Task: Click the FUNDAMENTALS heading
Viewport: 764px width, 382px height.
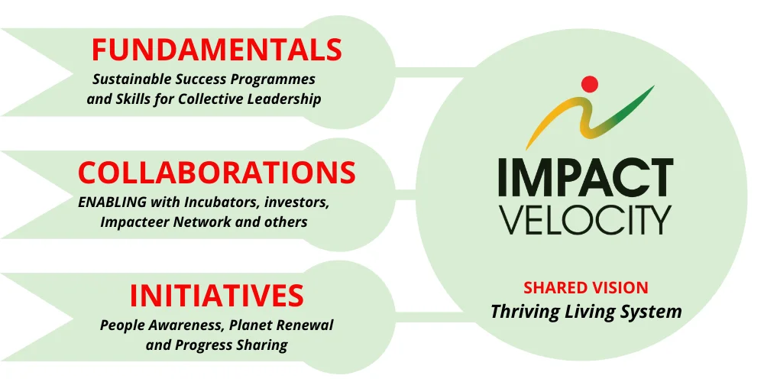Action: (216, 50)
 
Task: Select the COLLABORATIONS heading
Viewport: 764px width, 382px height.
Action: (216, 173)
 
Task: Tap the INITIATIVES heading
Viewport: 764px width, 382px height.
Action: (216, 295)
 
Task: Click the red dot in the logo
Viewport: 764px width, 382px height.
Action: (588, 83)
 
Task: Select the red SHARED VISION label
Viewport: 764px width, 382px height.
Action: (585, 288)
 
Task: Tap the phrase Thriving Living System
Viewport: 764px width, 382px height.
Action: (585, 312)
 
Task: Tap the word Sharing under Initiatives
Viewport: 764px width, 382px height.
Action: (262, 345)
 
